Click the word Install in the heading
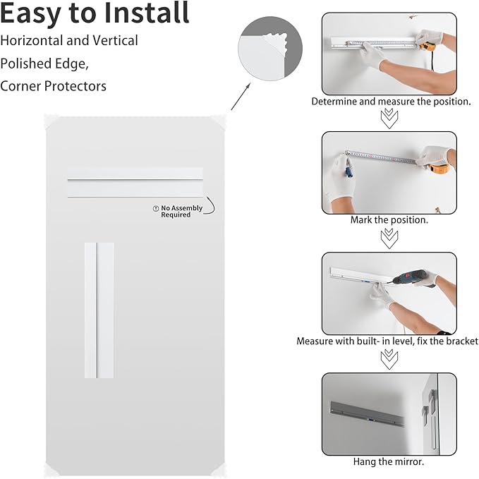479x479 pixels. point(146,13)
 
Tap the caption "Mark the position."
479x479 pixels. point(389,220)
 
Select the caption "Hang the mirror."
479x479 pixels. point(389,461)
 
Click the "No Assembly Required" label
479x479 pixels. point(178,211)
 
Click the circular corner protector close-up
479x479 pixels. point(270,49)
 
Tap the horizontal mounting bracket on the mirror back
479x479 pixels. point(135,183)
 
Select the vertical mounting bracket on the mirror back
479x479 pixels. point(99,310)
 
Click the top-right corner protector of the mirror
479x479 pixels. point(219,121)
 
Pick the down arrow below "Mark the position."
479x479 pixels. point(389,238)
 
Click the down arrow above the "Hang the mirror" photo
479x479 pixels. point(389,359)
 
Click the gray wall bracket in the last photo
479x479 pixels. point(367,414)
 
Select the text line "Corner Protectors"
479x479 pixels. point(53,86)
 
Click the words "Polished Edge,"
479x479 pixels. point(44,63)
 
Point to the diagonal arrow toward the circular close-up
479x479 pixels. point(241,96)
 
